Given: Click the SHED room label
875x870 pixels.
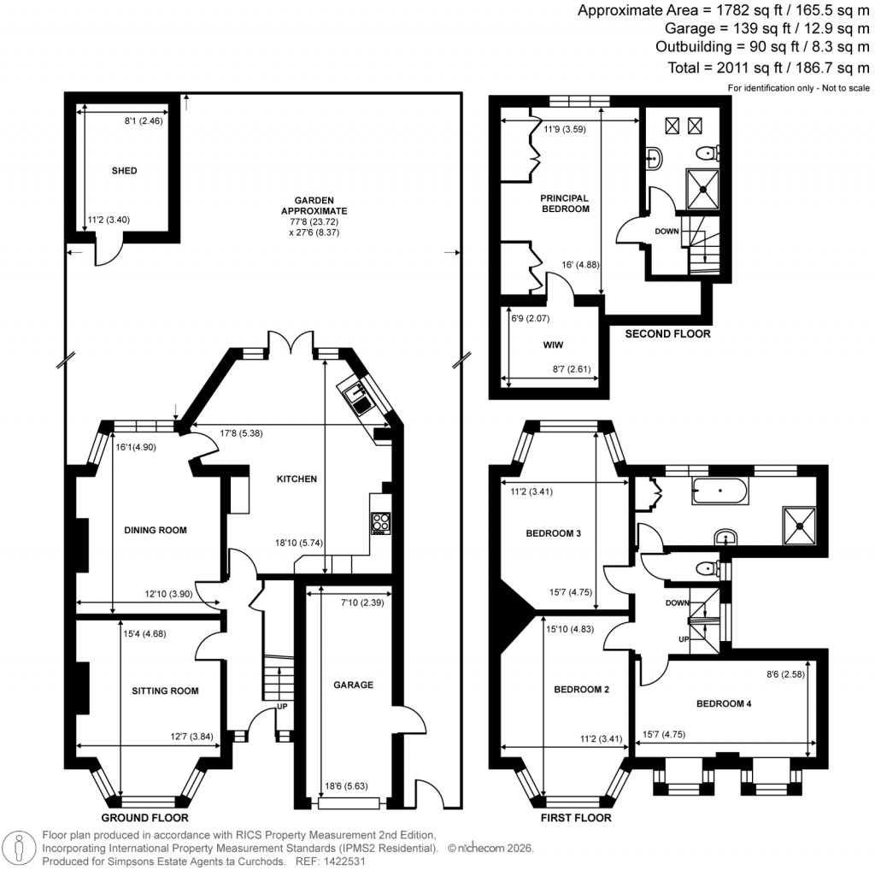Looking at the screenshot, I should click(124, 171).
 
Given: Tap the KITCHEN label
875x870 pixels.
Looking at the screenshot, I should click(297, 479).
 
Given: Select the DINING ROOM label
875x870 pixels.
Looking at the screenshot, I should click(156, 531).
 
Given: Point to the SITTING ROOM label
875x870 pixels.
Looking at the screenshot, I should click(165, 691).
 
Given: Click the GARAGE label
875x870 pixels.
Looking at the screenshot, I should click(353, 685).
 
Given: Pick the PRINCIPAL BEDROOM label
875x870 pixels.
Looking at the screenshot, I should click(565, 203).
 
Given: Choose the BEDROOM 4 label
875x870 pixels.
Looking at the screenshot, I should click(724, 704).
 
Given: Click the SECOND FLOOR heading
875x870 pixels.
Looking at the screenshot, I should click(667, 334).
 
